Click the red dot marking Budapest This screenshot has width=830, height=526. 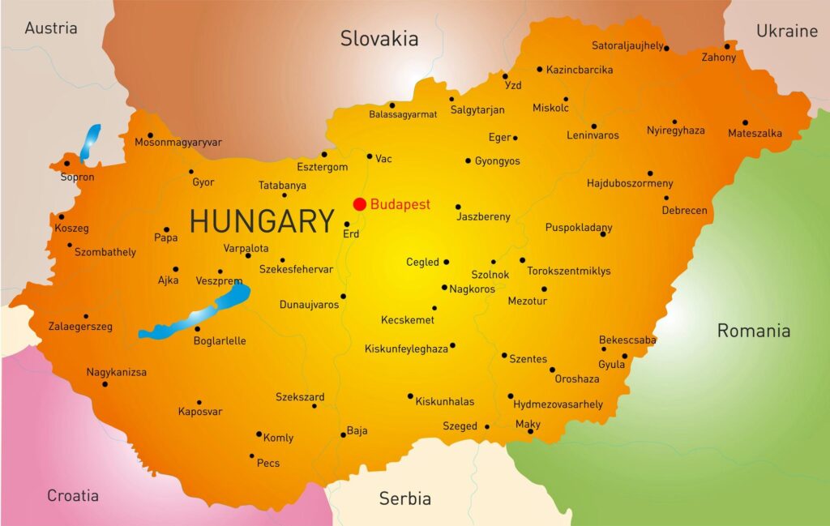(359, 203)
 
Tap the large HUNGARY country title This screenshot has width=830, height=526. (262, 221)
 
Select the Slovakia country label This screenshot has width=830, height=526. (379, 38)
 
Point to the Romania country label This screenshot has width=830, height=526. (753, 330)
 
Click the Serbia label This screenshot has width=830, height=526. (405, 498)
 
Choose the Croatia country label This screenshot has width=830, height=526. (73, 495)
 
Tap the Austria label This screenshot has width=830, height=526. (51, 28)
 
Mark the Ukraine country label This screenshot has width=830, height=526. (786, 31)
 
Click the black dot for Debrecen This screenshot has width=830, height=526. (666, 198)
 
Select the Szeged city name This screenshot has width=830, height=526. (460, 426)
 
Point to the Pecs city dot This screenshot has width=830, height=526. (252, 456)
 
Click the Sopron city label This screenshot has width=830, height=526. (77, 177)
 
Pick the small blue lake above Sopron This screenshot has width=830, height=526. (89, 142)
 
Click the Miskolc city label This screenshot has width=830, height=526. (550, 108)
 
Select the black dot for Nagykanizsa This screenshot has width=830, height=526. (105, 384)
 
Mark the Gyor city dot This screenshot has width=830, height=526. (191, 171)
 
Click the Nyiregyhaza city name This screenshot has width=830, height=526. (675, 130)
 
